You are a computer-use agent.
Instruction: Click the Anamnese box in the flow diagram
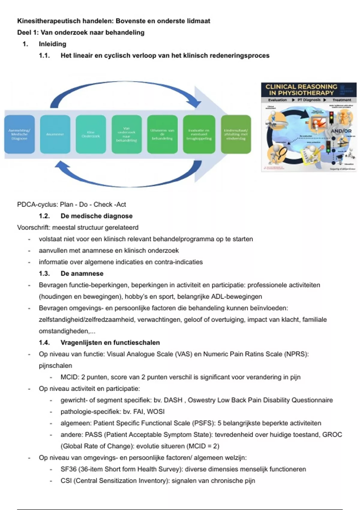click(x=55, y=134)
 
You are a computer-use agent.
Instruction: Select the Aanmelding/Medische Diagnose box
click(x=19, y=134)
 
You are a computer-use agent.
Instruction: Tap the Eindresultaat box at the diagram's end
click(x=236, y=134)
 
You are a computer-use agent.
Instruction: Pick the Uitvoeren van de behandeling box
click(x=162, y=134)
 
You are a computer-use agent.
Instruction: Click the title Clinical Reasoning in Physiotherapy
click(x=301, y=90)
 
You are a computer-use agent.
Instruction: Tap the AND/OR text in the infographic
click(x=341, y=131)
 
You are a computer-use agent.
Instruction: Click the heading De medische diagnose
click(x=96, y=216)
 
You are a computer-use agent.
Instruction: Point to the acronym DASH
click(x=173, y=400)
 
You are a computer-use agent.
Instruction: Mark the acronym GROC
click(x=332, y=435)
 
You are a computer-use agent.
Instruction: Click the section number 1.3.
click(x=44, y=274)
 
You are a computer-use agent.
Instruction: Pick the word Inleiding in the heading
click(x=52, y=44)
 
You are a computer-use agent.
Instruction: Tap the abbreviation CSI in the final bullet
click(x=66, y=481)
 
